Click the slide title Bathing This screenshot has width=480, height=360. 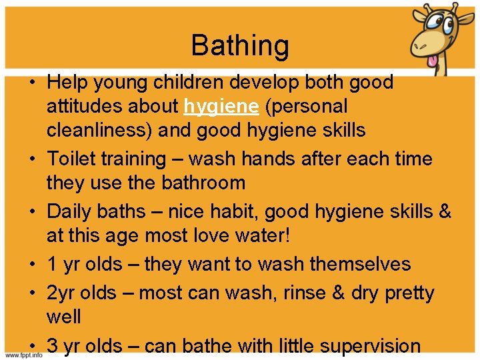point(240,46)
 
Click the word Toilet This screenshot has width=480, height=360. point(71,159)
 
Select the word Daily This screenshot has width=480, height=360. point(70,212)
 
